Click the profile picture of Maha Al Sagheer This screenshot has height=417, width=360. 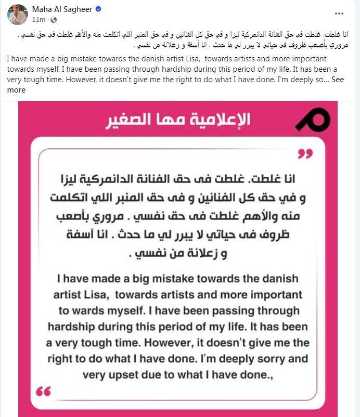(17, 14)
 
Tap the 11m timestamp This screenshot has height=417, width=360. (38, 20)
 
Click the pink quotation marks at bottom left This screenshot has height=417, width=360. (44, 391)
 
